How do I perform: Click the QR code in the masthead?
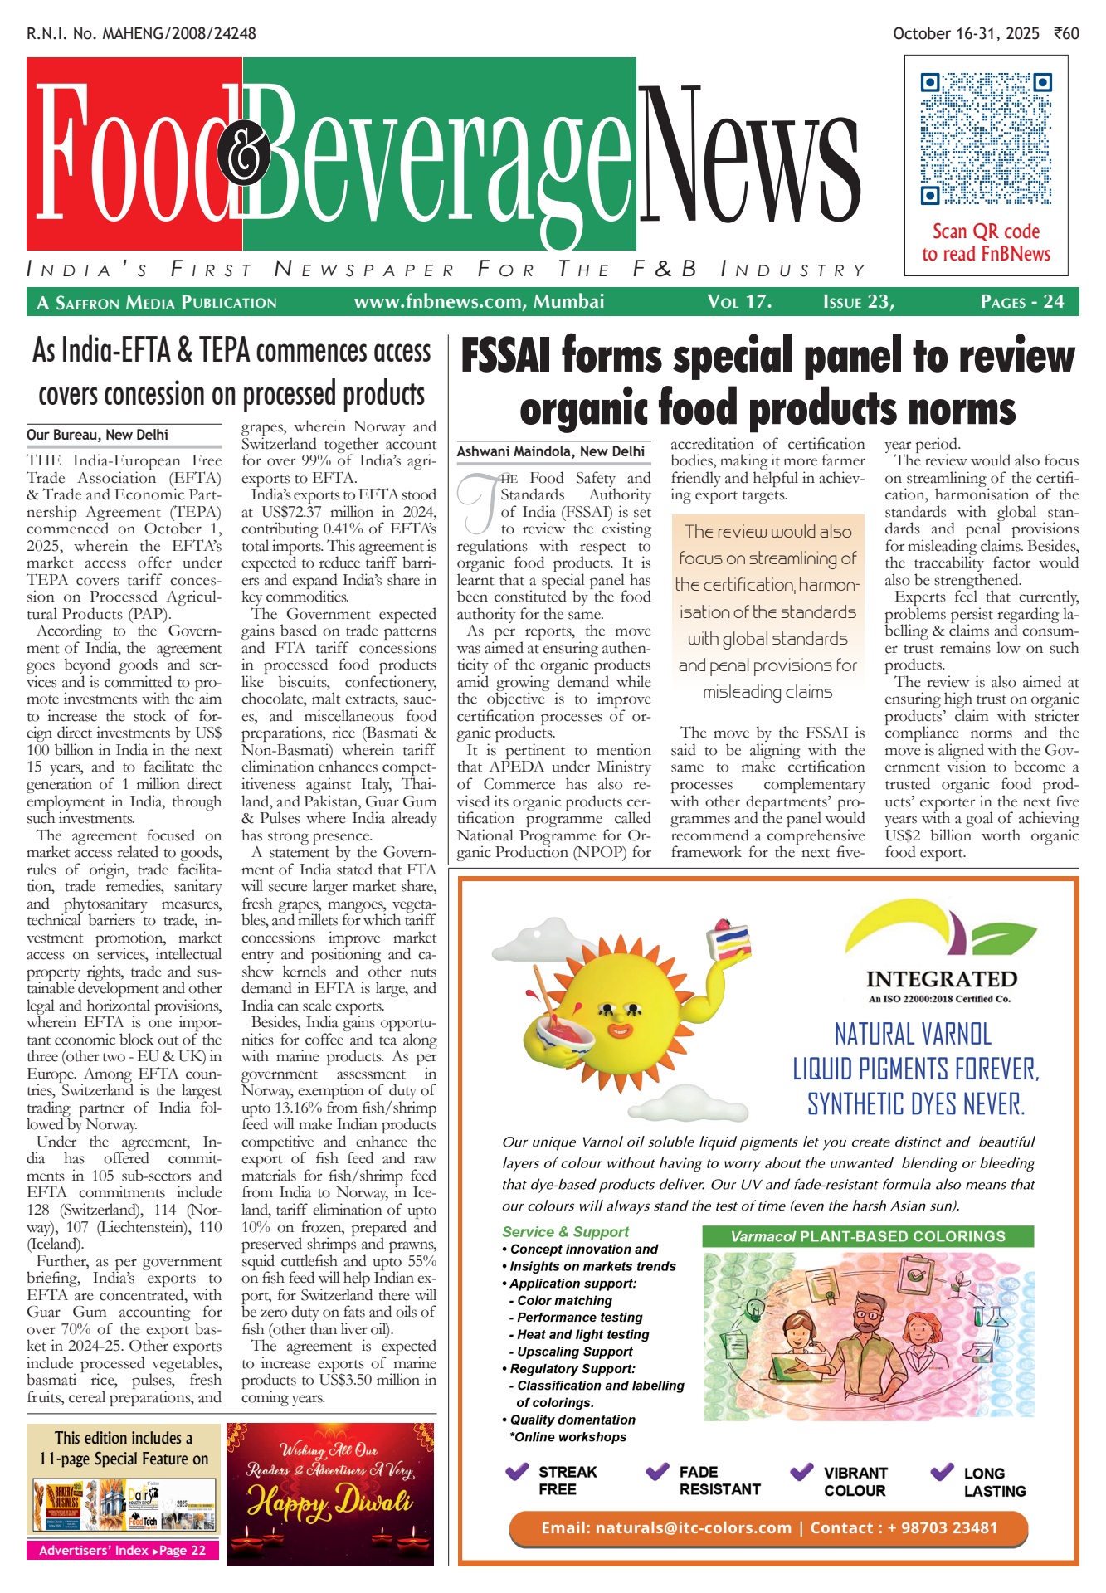(x=986, y=139)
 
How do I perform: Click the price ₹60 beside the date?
(x=1066, y=34)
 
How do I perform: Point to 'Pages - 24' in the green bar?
(x=1021, y=302)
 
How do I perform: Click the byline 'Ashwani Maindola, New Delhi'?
(x=551, y=451)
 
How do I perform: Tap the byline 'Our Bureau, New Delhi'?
(x=97, y=435)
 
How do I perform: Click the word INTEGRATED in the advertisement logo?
(x=941, y=980)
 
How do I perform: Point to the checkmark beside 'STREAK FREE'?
(x=517, y=1473)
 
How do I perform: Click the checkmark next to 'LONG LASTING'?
(x=942, y=1473)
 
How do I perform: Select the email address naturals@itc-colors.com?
(x=666, y=1528)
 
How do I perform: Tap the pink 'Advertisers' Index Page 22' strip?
(x=123, y=1551)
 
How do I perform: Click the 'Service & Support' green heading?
(x=565, y=1232)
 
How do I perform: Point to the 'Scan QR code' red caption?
(x=986, y=232)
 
